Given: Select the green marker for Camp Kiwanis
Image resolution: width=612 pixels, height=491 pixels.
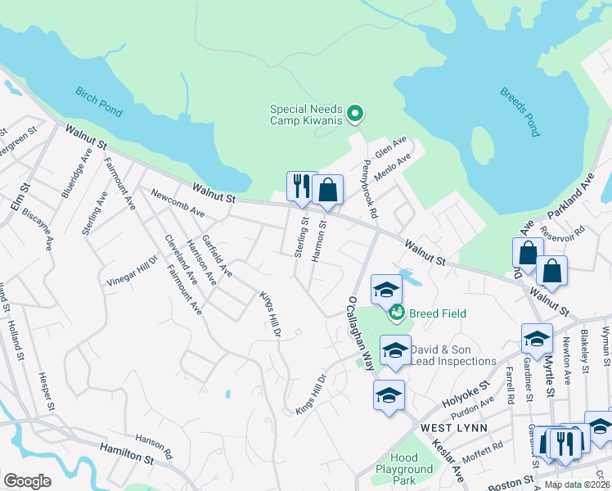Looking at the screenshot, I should pyautogui.click(x=355, y=114).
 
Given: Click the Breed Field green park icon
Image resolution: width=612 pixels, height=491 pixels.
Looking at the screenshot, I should pyautogui.click(x=397, y=312).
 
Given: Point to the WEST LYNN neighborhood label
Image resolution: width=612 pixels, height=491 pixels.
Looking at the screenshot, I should pyautogui.click(x=454, y=428).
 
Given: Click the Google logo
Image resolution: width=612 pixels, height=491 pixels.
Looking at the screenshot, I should pyautogui.click(x=27, y=481).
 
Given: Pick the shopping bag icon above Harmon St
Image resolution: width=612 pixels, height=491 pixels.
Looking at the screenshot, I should pyautogui.click(x=327, y=191).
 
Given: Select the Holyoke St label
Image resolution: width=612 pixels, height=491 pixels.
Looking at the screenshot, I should pyautogui.click(x=466, y=390).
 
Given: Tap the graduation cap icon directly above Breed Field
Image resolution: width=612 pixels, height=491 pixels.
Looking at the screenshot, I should pyautogui.click(x=387, y=289).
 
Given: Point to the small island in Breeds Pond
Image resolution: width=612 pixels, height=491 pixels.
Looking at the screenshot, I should pyautogui.click(x=484, y=147).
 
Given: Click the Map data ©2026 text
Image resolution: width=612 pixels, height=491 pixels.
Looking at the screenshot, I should pyautogui.click(x=577, y=484).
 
